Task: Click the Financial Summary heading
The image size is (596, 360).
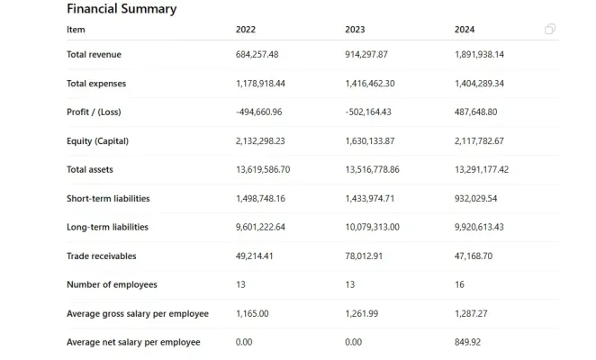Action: [122, 9]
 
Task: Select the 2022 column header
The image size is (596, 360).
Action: [246, 30]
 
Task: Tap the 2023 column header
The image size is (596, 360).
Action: [355, 30]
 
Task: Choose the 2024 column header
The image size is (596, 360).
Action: [465, 30]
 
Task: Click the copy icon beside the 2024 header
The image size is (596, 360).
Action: [550, 30]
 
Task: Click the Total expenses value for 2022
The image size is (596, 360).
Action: [260, 84]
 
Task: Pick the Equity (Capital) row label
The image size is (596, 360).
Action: [98, 141]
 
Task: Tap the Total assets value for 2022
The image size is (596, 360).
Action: [263, 170]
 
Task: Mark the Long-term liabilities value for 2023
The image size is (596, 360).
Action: [372, 228]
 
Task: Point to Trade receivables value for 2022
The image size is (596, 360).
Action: [255, 256]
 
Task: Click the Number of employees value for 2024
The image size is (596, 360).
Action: [460, 285]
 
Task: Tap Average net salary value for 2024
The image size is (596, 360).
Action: [468, 343]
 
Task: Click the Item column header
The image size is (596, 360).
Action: [76, 30]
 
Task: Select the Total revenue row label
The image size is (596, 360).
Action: [94, 55]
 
